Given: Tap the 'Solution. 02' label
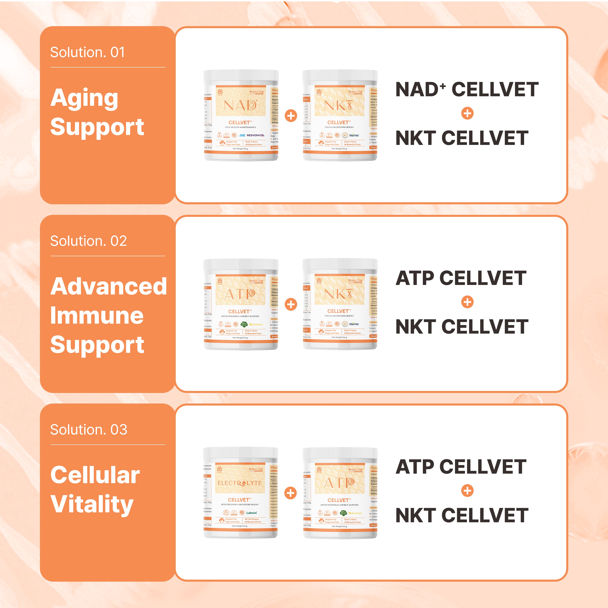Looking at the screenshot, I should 88,241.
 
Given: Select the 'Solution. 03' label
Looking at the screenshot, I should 89,430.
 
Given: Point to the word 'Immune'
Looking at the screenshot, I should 97,316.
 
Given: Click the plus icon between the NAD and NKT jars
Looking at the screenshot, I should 291,116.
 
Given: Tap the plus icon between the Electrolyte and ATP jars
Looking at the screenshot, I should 290,493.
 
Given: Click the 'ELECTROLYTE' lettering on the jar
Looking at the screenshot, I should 240,483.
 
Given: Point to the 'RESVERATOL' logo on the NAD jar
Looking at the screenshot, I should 255,135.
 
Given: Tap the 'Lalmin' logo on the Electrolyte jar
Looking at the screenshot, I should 252,513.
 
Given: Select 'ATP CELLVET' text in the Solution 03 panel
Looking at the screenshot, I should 461,467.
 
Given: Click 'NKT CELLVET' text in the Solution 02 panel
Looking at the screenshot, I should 462,327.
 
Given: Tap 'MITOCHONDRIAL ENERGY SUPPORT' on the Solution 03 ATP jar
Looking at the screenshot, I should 339,505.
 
